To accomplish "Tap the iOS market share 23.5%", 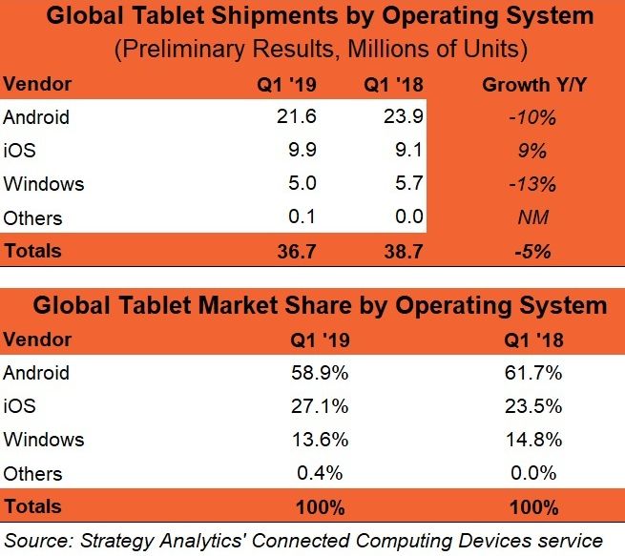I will (x=530, y=406).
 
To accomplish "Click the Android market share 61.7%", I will (x=530, y=373).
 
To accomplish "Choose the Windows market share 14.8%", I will (x=530, y=440).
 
